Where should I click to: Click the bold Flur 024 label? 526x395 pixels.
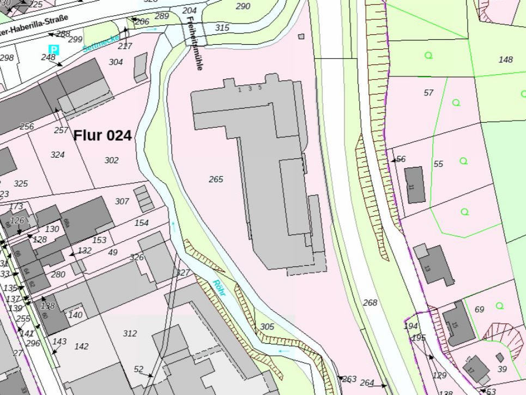(102, 135)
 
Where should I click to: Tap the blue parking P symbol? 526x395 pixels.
(53, 50)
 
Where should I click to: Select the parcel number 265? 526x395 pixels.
(216, 179)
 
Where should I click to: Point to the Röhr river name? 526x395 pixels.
(219, 288)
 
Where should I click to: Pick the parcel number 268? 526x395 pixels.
(370, 302)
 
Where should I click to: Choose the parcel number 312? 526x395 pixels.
(130, 333)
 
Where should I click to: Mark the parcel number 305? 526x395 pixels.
(267, 326)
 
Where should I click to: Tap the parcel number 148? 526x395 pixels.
(506, 59)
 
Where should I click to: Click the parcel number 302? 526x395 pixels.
(111, 160)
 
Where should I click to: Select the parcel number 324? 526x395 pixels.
(57, 155)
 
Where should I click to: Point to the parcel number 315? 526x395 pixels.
(222, 28)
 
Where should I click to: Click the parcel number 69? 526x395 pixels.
(479, 309)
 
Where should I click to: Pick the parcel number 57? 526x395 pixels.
(428, 93)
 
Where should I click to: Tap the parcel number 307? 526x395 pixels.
(122, 201)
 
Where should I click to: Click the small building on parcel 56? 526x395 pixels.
(415, 185)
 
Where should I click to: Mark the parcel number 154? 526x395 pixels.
(141, 223)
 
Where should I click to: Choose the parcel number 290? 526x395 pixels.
(243, 7)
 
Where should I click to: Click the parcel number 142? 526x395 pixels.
(81, 346)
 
